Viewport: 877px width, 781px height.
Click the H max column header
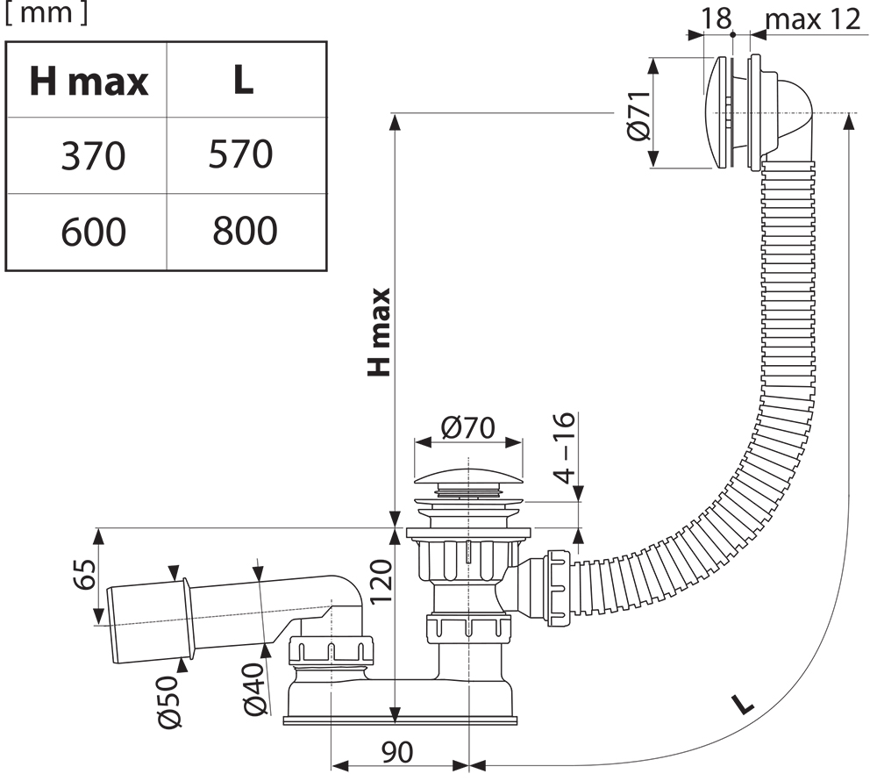coord(89,81)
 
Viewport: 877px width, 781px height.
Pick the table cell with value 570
coord(241,155)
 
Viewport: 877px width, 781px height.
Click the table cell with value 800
coord(245,231)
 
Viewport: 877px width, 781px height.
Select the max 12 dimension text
coord(813,19)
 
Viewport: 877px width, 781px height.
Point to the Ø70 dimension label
coord(468,428)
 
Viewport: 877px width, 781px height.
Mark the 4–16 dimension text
coord(566,448)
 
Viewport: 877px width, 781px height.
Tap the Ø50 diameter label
coord(171,700)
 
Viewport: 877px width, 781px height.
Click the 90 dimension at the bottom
coord(397,753)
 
